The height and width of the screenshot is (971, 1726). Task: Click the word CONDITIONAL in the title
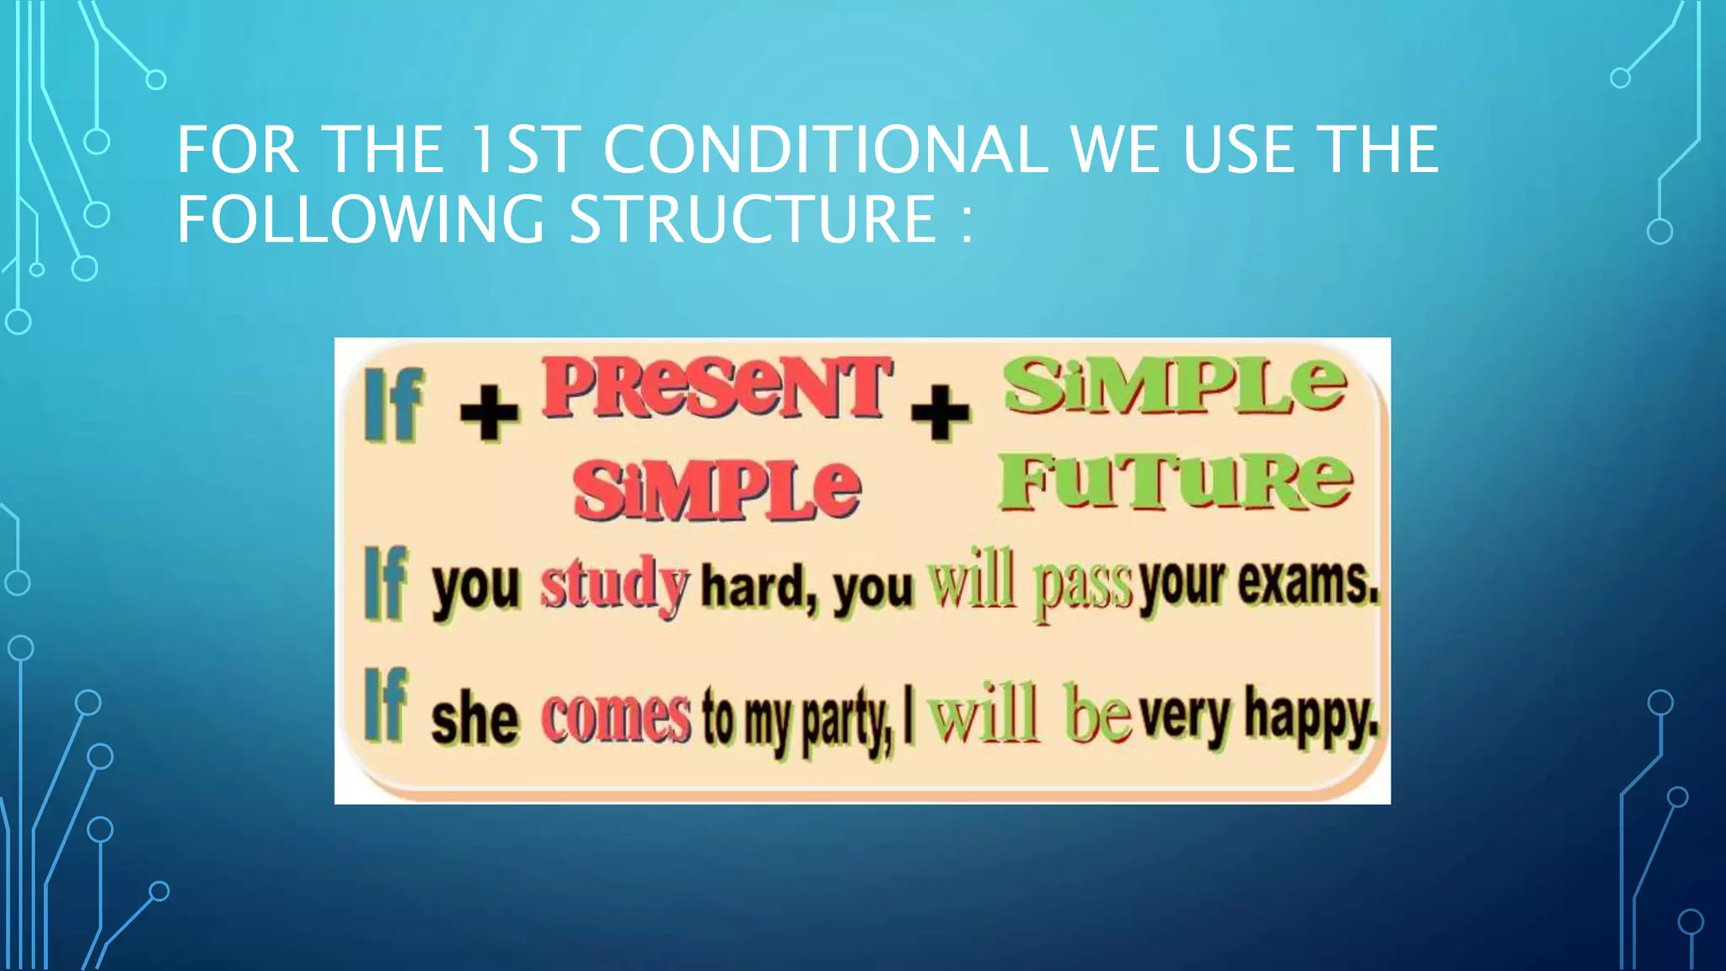tap(825, 150)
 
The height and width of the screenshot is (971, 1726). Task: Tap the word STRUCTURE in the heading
tap(753, 219)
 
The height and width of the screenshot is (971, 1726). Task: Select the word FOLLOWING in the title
tap(361, 219)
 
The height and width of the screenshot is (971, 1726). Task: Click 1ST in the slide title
tap(523, 150)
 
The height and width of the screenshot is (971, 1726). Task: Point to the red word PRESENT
tap(716, 388)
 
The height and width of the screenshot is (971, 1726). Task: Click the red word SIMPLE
tap(716, 491)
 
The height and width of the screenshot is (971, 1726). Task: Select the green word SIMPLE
tap(1175, 385)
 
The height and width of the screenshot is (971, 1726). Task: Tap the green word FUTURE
tap(1175, 482)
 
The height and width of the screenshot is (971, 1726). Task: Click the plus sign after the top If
tap(490, 412)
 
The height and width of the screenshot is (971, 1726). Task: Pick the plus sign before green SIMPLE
tap(941, 412)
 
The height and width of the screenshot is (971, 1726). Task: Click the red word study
tap(614, 584)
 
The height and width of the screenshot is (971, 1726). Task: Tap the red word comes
tap(616, 718)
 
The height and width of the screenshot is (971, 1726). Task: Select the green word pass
tap(1082, 586)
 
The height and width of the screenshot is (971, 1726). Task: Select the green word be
tap(1096, 715)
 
